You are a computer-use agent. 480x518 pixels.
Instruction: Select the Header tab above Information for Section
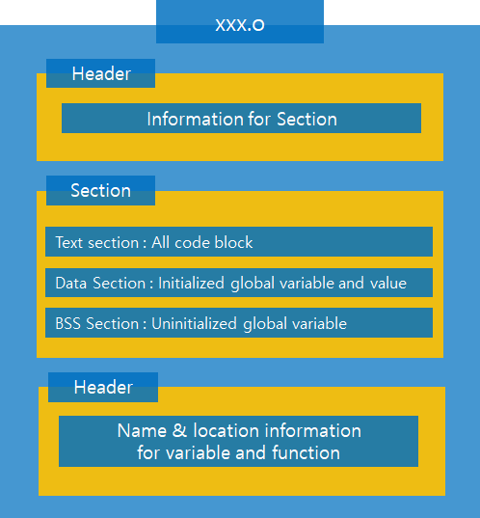[100, 74]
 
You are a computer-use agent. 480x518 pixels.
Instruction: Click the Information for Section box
[241, 119]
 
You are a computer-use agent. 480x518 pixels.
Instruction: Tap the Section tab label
[100, 190]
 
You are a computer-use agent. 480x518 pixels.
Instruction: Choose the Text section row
[238, 242]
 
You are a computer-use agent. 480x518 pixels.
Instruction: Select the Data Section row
[238, 283]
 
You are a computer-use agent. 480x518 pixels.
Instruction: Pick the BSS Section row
[238, 323]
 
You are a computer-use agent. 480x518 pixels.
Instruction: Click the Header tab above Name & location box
[103, 387]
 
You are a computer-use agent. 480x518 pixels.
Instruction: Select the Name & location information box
[238, 441]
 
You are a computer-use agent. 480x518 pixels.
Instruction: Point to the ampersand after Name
[179, 430]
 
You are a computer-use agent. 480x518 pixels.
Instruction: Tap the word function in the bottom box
[306, 451]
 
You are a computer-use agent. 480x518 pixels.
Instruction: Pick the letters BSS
[69, 323]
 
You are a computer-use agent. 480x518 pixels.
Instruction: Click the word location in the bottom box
[226, 430]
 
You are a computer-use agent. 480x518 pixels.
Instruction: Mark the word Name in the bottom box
[142, 430]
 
